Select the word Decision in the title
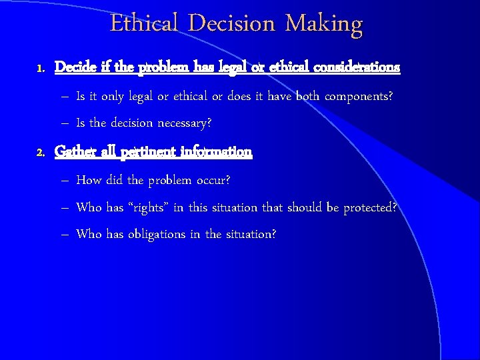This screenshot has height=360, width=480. pos(233,23)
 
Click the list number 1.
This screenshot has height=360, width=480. pos(40,68)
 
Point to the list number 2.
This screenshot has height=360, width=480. pos(40,153)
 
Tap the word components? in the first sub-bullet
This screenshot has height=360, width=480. pos(359,97)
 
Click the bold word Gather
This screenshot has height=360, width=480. pos(75,152)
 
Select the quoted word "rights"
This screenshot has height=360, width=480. pos(148,207)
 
